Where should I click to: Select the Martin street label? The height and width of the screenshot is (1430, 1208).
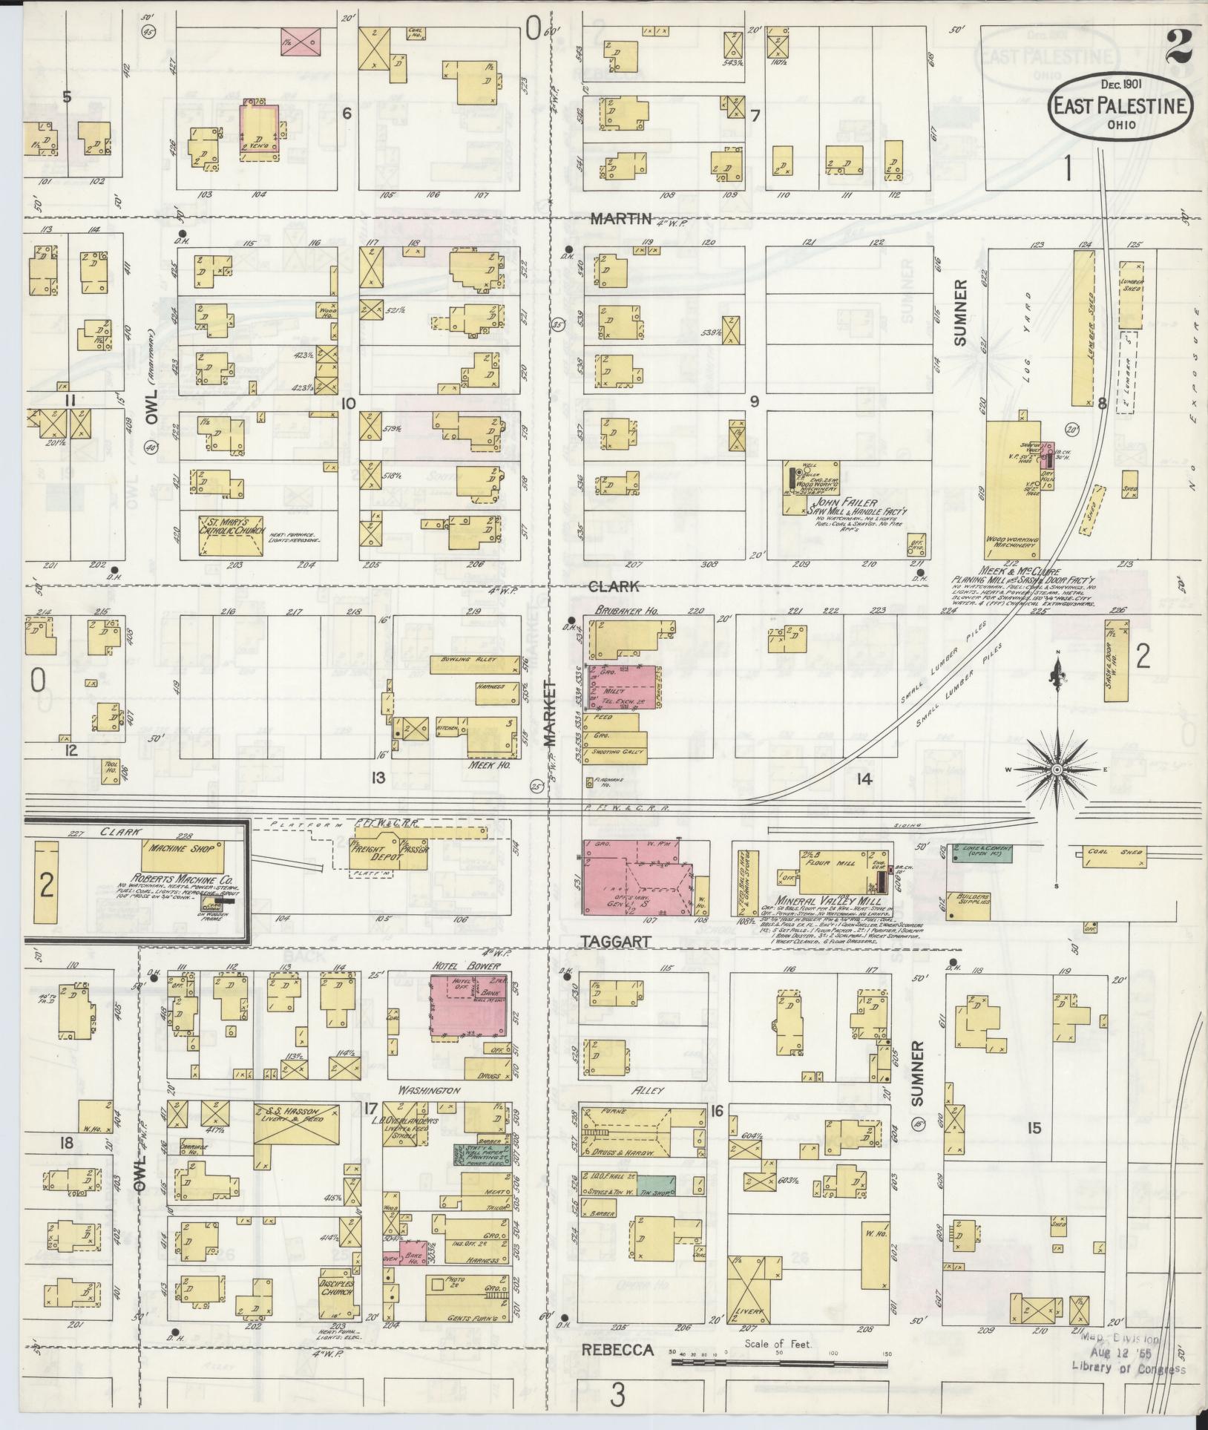click(621, 219)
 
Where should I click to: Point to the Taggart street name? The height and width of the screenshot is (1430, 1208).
click(615, 942)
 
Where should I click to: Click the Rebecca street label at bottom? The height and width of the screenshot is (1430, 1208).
click(617, 1349)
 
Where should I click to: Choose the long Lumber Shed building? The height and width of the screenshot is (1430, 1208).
click(1083, 327)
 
